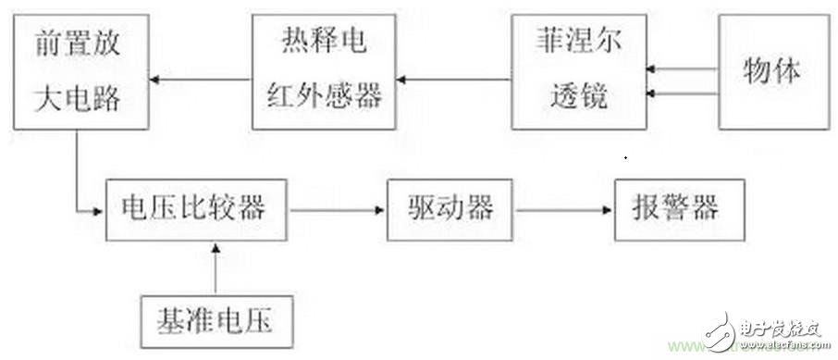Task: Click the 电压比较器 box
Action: [x=192, y=209]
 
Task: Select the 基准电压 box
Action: [x=217, y=320]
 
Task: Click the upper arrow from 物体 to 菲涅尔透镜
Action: [x=684, y=68]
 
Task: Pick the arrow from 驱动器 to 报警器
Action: [x=563, y=210]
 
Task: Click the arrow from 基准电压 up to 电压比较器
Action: [x=216, y=267]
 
